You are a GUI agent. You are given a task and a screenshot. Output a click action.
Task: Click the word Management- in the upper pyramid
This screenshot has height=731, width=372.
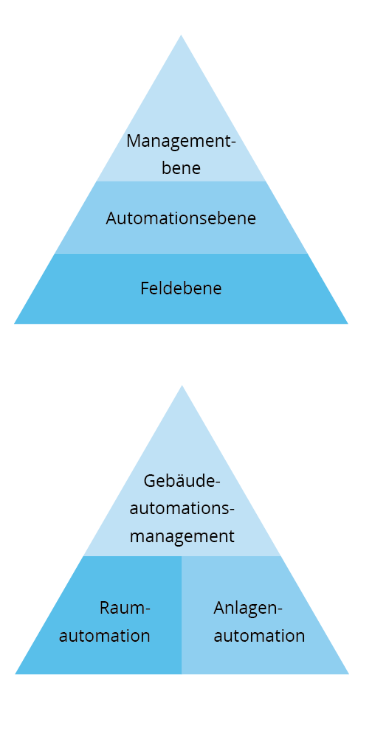point(181,141)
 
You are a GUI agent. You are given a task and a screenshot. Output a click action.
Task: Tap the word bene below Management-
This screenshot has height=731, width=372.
point(181,167)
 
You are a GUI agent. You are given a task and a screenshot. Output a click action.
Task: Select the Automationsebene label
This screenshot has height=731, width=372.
point(181,218)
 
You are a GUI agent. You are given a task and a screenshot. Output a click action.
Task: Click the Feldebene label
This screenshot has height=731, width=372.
point(181,288)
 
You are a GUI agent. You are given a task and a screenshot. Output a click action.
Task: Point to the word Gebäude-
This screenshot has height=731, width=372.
point(182,481)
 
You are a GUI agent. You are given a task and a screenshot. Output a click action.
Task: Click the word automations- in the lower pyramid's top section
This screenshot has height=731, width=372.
point(182,508)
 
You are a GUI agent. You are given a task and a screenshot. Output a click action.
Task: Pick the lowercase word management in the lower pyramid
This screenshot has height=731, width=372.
point(182,536)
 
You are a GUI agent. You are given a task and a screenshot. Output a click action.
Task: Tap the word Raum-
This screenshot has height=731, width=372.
point(125,608)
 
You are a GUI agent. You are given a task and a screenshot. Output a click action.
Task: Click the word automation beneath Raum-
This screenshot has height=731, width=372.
point(105,636)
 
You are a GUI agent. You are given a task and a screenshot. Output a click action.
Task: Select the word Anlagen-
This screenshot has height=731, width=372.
point(248,609)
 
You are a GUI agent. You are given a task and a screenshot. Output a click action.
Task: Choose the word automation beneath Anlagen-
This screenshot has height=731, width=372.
point(259,636)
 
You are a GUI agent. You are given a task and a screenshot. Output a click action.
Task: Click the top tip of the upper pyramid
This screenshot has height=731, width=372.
point(181,35)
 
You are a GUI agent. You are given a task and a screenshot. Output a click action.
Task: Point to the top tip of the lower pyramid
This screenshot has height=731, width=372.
point(182,386)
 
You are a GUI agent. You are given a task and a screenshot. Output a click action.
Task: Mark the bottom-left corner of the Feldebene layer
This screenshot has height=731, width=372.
point(15,324)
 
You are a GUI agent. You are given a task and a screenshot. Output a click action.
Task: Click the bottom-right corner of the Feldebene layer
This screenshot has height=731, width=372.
point(348,324)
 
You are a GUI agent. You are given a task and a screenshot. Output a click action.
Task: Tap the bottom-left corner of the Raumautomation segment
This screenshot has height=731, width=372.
point(15,673)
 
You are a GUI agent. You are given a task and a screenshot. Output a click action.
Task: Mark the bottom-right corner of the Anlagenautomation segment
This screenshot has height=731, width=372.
point(348,673)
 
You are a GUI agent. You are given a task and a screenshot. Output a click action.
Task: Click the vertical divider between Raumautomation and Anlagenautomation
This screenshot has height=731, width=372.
point(182,615)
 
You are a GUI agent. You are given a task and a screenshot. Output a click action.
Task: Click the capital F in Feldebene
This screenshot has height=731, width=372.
point(145,288)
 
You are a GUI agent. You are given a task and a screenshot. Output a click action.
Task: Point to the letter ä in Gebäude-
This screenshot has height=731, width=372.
point(176,481)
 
